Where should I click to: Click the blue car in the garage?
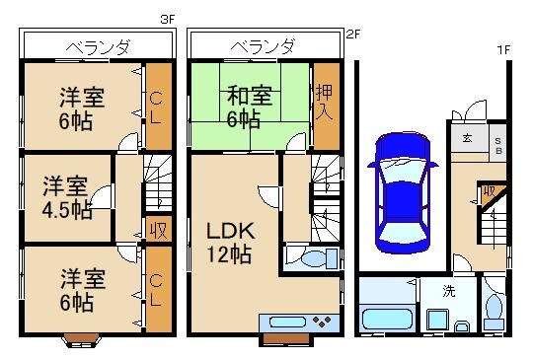click(x=403, y=191)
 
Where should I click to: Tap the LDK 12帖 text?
click(x=229, y=243)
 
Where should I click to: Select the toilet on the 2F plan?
click(x=312, y=259)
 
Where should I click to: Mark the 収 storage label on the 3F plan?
click(x=157, y=230)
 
